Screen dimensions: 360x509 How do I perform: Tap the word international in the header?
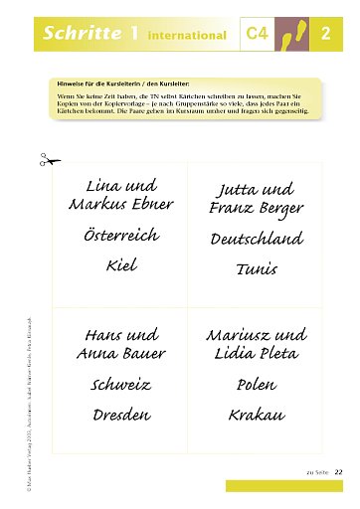click(x=186, y=36)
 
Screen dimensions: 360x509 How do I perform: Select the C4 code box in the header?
click(x=258, y=35)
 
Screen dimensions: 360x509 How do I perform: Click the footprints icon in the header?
click(x=295, y=34)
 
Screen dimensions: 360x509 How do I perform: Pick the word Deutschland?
click(x=256, y=240)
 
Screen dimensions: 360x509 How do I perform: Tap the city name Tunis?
click(x=256, y=269)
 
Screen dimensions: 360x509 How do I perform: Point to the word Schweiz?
click(x=120, y=384)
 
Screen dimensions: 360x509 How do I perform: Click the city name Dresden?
click(x=120, y=415)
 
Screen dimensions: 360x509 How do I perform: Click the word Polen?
click(x=257, y=384)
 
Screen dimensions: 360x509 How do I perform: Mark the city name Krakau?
click(x=257, y=415)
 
